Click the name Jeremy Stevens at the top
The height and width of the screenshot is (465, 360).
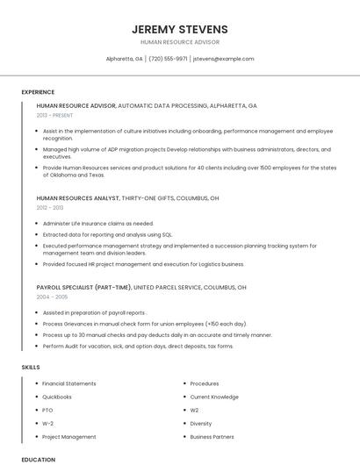click(179, 29)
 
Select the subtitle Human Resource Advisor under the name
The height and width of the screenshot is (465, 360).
click(179, 42)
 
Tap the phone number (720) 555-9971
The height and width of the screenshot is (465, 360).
click(168, 59)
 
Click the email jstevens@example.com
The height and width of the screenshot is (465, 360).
click(223, 59)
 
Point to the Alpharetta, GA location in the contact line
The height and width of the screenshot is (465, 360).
click(125, 59)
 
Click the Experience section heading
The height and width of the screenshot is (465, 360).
click(38, 92)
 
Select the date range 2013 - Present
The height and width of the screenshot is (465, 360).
click(54, 115)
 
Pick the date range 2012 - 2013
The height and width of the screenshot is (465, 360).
click(50, 208)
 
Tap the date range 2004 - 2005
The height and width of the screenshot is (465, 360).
click(51, 297)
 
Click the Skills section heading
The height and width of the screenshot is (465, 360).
click(31, 367)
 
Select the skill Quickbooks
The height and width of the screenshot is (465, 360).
click(57, 397)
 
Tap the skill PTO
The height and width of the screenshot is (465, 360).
click(47, 410)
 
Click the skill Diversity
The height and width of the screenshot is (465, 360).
click(201, 423)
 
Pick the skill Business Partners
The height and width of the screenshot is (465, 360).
click(212, 436)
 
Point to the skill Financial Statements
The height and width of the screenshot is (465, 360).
click(68, 383)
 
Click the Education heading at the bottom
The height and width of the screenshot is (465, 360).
click(38, 459)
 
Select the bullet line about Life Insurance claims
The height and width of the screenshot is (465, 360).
click(97, 224)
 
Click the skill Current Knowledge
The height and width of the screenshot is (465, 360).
click(214, 397)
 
